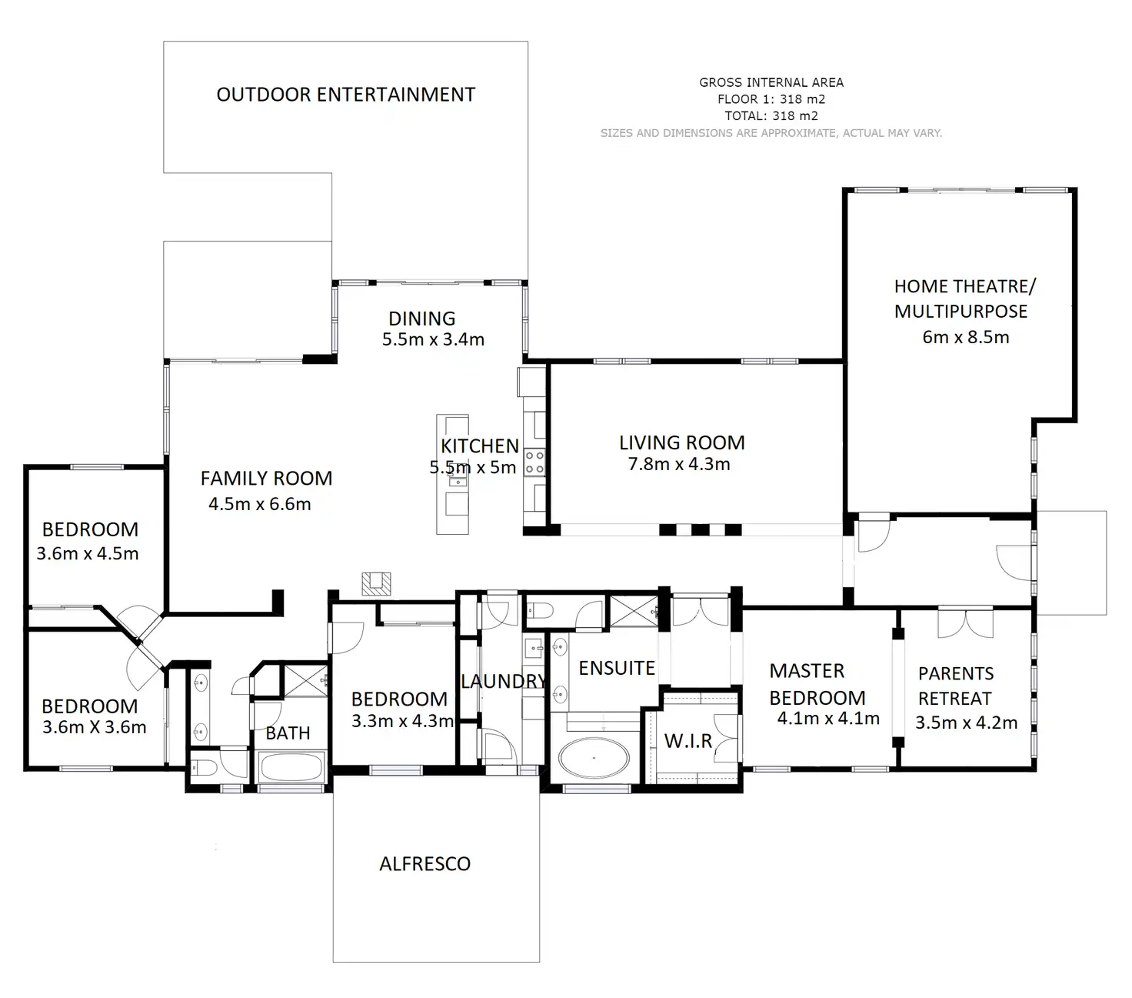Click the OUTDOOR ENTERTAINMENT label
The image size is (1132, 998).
coord(345,95)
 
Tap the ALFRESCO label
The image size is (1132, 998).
coord(424,864)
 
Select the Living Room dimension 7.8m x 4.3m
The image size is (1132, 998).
coord(679,464)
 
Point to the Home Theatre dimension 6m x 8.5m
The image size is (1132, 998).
coord(965,337)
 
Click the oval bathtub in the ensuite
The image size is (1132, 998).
coord(594,758)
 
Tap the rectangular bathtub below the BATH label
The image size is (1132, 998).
coord(291,768)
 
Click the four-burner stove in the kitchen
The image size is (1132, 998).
coord(534,462)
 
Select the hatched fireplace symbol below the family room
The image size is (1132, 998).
coord(376,584)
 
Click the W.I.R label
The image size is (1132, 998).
coord(688,741)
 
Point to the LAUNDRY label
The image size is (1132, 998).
coord(504,681)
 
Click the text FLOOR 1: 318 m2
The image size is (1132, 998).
coord(771,99)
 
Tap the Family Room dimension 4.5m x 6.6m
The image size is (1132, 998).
coord(259,504)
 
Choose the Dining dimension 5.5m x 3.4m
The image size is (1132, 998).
coord(433,339)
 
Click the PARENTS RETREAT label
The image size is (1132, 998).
coord(955,686)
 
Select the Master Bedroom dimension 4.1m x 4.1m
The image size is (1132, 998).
coord(828,718)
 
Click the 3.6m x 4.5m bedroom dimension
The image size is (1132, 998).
coord(88,553)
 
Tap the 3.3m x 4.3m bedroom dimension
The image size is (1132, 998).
coord(402,721)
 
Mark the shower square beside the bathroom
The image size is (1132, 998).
coord(306,680)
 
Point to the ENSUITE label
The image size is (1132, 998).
coord(616,668)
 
